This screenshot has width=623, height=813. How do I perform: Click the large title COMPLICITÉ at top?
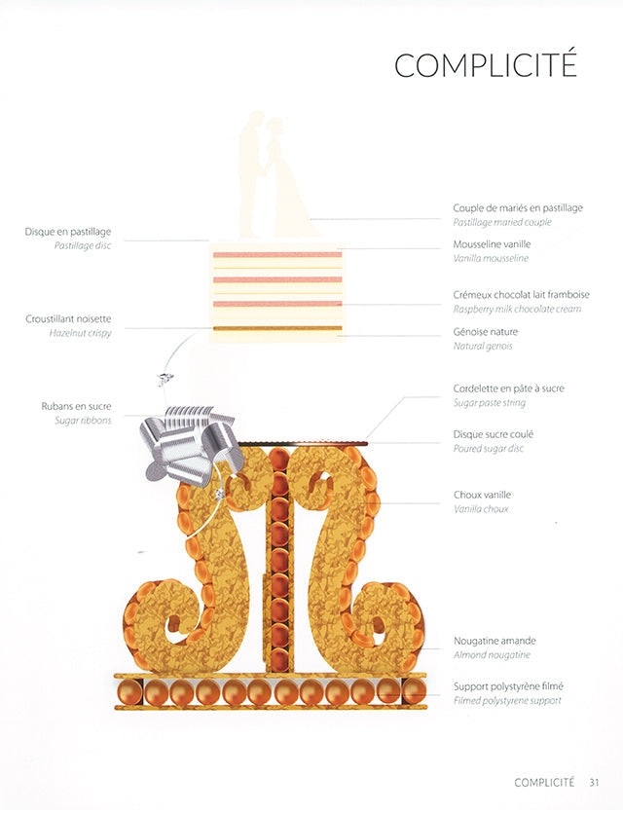click(485, 64)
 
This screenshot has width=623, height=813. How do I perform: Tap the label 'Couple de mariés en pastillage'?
click(518, 207)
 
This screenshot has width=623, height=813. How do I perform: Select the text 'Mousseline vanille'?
click(492, 243)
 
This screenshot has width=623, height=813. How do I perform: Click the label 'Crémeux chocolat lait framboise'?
click(521, 294)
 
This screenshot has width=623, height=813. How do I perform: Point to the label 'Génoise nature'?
click(484, 331)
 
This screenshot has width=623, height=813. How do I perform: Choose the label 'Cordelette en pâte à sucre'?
click(508, 388)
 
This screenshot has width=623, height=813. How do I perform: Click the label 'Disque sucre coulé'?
click(493, 433)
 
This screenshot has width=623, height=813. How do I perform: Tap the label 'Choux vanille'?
click(482, 495)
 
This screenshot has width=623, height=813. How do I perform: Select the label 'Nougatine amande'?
click(495, 641)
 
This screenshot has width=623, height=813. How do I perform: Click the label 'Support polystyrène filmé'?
click(508, 685)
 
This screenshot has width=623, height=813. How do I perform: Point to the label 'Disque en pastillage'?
click(68, 232)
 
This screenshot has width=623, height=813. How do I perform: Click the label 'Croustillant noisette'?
click(68, 318)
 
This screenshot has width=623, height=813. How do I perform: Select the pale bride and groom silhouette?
click(273, 175)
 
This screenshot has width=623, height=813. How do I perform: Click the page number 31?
click(593, 781)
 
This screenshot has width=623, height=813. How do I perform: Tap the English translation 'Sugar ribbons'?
click(84, 421)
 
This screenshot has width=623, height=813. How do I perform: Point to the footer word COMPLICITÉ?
click(544, 781)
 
